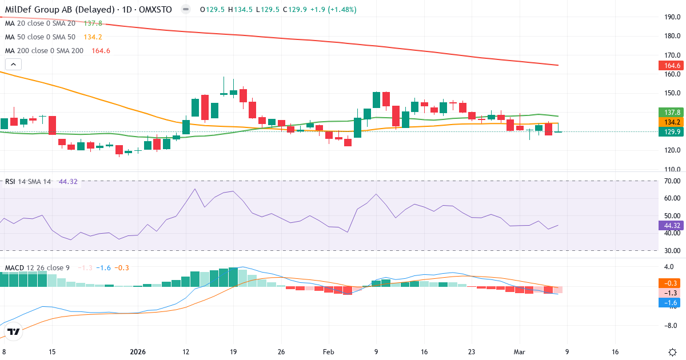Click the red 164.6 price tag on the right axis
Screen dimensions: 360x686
tap(670, 66)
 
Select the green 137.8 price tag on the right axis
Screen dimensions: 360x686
tap(670, 113)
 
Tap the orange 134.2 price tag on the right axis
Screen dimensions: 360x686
tap(670, 122)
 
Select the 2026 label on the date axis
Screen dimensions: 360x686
tap(138, 351)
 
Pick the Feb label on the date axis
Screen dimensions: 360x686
tap(328, 351)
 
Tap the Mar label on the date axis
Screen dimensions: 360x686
tap(519, 351)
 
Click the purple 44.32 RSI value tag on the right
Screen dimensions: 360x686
tap(670, 225)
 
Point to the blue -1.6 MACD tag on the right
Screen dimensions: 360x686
tap(670, 303)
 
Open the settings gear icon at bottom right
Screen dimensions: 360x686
tap(673, 351)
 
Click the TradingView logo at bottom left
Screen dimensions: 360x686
tap(14, 332)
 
